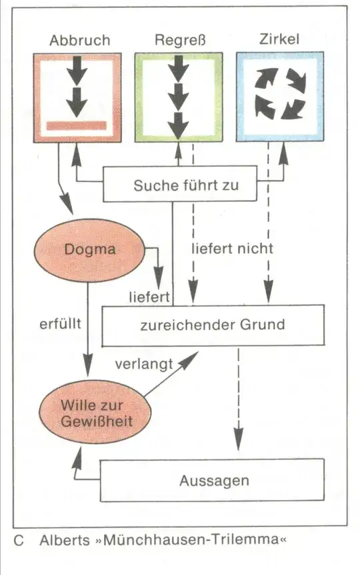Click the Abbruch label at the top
point(79,39)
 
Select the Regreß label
point(179,39)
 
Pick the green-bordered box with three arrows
point(179,97)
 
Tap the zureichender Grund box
point(213,325)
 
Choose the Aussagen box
point(213,480)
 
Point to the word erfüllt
point(60,325)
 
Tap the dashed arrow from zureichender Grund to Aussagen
point(238,400)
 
